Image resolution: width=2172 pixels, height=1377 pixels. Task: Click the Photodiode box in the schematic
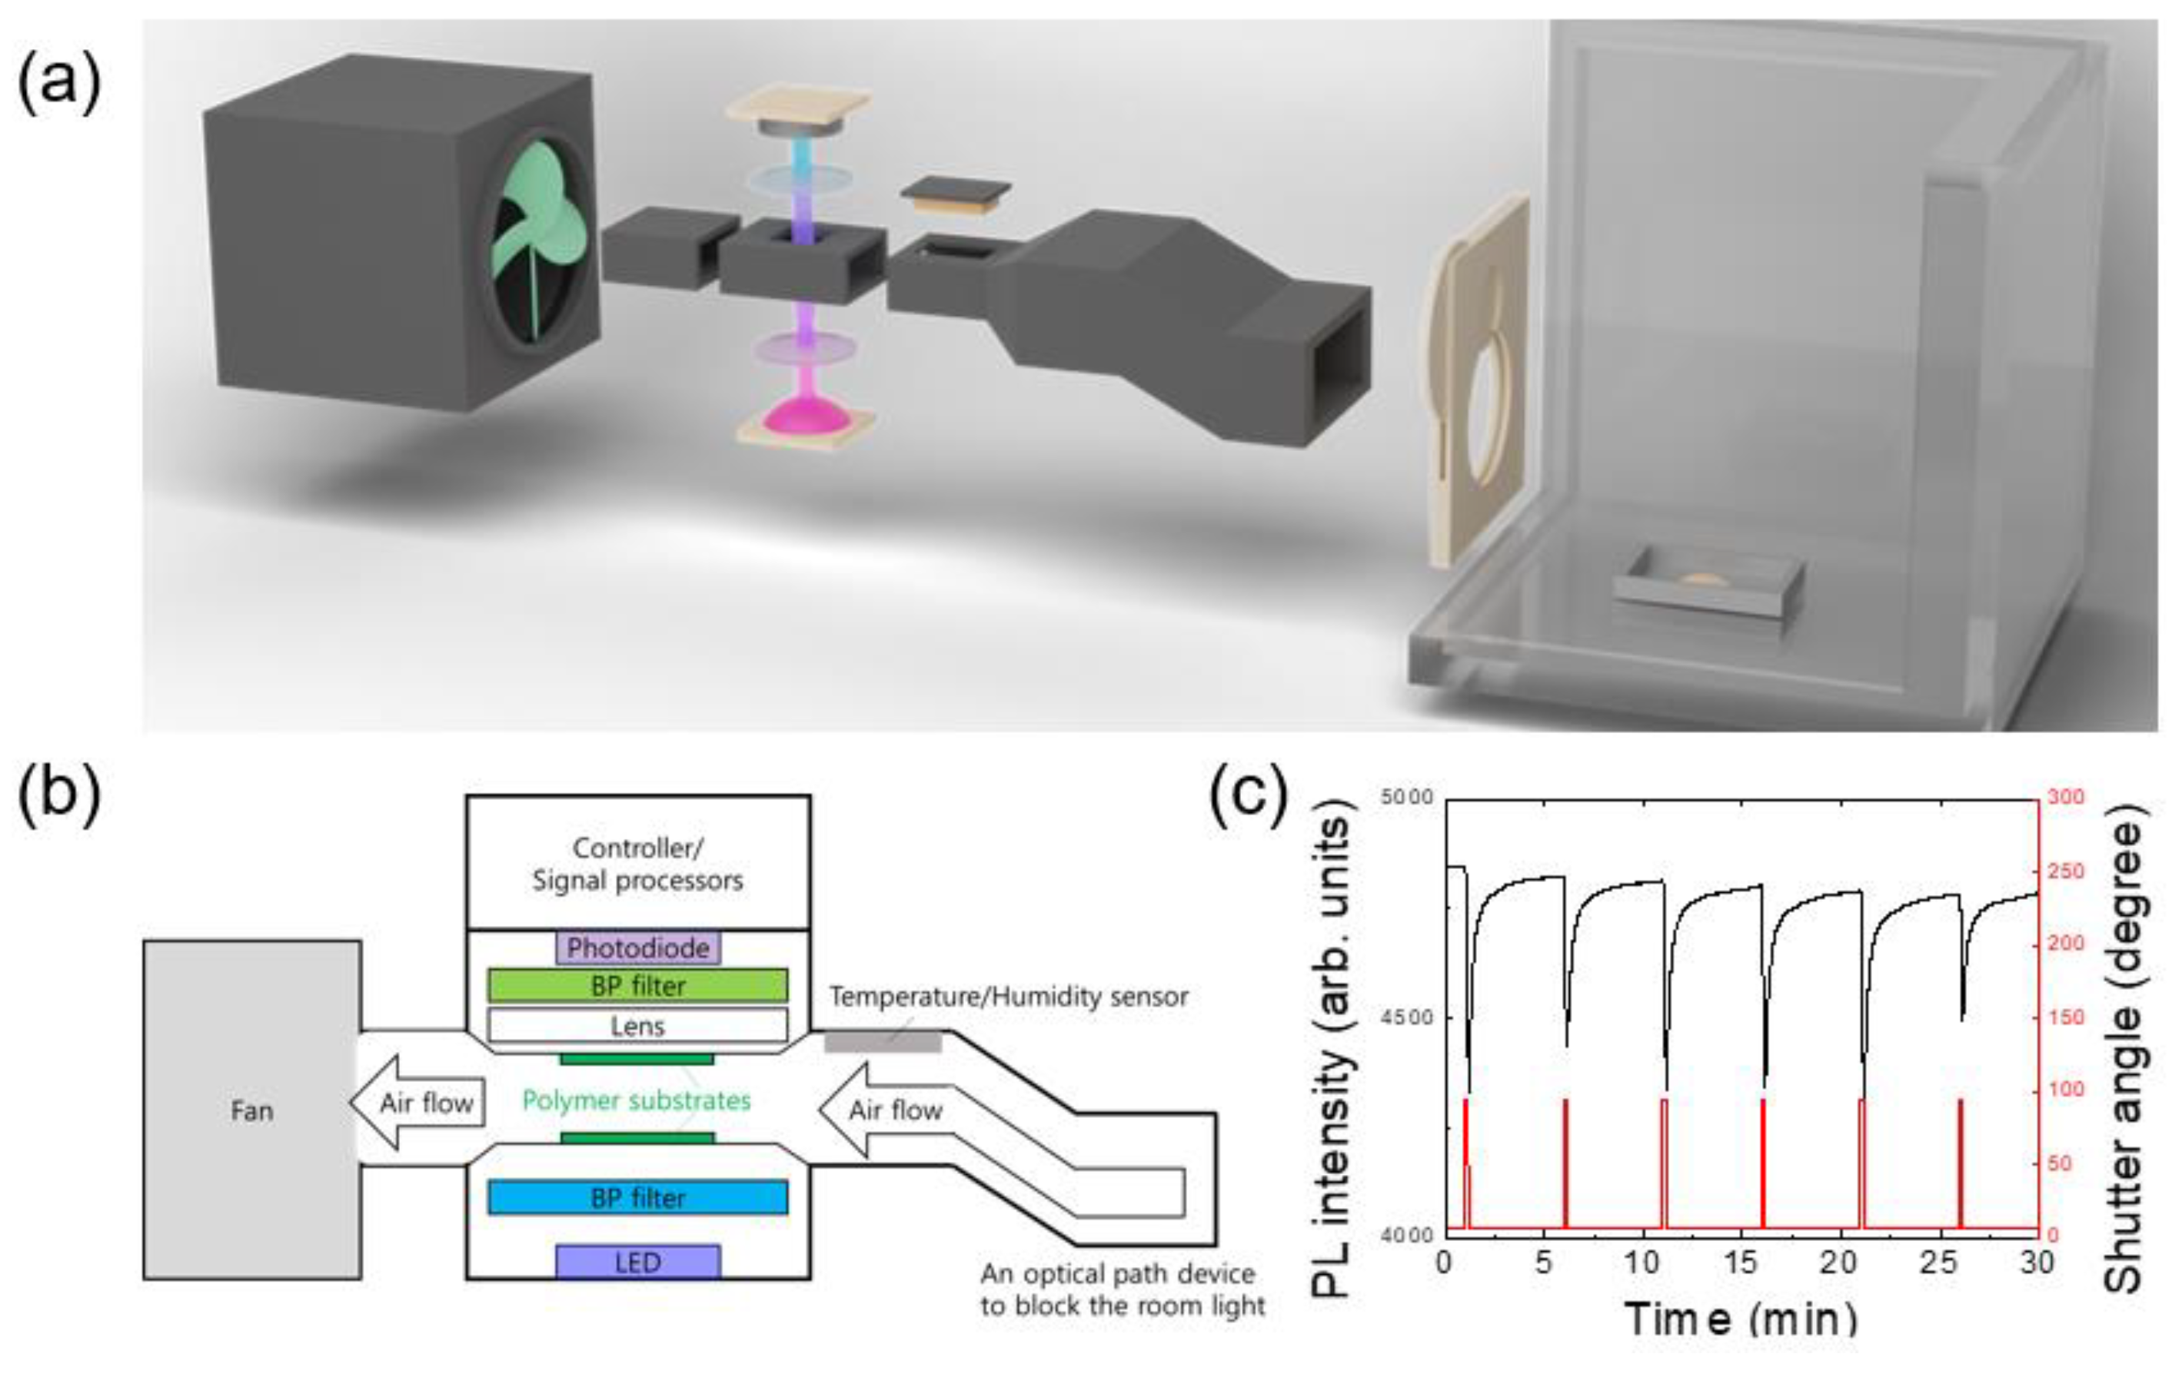637,947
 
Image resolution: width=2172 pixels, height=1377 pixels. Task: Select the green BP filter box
637,986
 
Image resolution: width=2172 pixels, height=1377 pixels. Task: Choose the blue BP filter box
637,1197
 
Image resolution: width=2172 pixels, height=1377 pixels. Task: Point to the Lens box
637,1025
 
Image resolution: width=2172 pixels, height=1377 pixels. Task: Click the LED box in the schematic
637,1263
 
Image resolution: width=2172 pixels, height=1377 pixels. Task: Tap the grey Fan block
251,1110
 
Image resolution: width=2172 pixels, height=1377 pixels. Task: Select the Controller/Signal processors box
637,863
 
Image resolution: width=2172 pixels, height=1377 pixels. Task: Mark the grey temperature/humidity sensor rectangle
883,1043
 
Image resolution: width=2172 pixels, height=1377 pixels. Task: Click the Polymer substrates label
637,1100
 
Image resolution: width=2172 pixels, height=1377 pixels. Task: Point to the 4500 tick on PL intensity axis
1406,1018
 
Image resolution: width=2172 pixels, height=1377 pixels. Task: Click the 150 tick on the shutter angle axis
2066,1017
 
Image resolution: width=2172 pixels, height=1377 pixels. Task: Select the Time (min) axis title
1741,1319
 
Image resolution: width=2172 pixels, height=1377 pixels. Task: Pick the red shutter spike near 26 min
1960,1163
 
